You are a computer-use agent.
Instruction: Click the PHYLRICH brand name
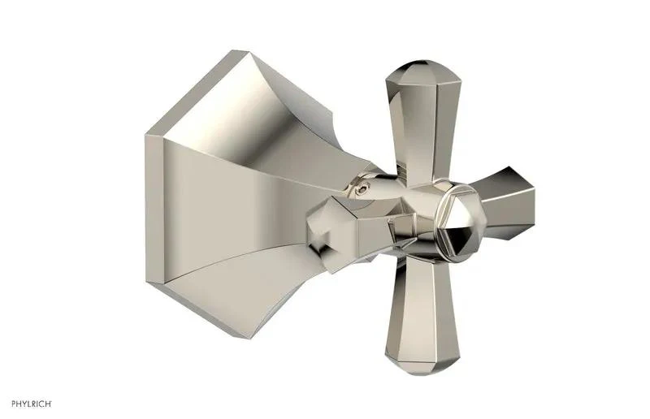tap(32, 404)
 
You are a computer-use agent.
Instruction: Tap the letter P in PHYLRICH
tap(14, 404)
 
